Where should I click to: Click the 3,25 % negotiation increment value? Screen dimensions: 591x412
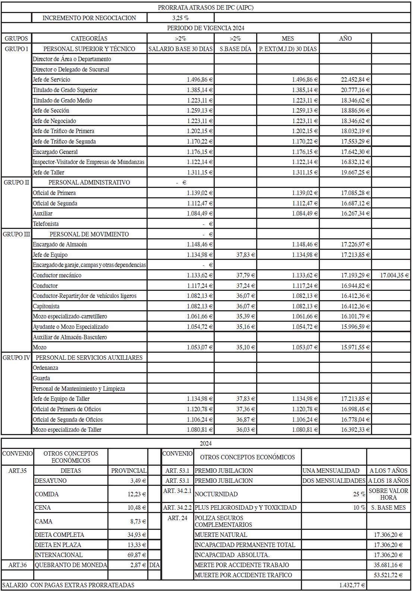click(x=180, y=18)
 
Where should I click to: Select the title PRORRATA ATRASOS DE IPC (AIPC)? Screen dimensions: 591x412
click(x=205, y=7)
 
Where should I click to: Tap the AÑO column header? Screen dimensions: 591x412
click(x=345, y=38)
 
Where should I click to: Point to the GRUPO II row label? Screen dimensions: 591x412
click(x=16, y=182)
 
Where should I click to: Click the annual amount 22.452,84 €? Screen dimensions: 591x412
click(x=355, y=79)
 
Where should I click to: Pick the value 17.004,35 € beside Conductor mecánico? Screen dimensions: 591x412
click(x=394, y=275)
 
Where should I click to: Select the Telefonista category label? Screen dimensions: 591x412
click(x=46, y=224)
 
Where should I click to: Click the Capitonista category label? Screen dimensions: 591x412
click(x=46, y=306)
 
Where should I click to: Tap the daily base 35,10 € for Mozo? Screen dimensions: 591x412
click(x=245, y=347)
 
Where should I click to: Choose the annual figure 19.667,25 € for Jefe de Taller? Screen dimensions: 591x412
click(x=355, y=172)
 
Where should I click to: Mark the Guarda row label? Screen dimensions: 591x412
click(x=41, y=378)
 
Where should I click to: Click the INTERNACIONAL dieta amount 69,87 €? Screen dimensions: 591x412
click(x=136, y=555)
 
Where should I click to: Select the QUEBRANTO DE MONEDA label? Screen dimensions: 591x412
click(x=71, y=565)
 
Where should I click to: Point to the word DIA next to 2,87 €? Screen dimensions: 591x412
click(x=154, y=565)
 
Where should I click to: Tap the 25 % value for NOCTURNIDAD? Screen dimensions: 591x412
click(x=359, y=494)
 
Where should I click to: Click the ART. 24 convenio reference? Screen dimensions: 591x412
click(x=177, y=518)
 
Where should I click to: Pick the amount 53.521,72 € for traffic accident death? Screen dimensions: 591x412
click(x=388, y=575)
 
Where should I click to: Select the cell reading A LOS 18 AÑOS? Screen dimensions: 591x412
click(x=389, y=481)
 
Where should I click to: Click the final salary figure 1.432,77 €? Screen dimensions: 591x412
click(x=352, y=585)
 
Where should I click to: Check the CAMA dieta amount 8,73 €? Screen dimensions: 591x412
click(x=138, y=521)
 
